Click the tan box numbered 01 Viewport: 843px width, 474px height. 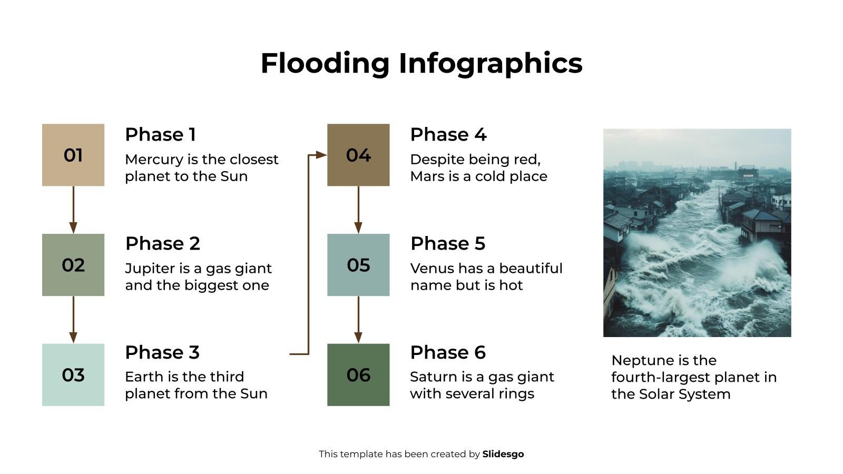[x=73, y=155]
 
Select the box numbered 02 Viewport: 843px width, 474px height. [x=73, y=265]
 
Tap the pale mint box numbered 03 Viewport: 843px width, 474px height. [x=73, y=374]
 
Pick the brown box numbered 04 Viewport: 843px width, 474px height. [x=358, y=155]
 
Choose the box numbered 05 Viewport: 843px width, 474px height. [x=358, y=265]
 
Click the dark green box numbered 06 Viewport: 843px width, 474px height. [x=358, y=374]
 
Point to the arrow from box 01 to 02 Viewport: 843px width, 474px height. [x=73, y=210]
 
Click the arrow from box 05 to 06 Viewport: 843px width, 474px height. [x=358, y=320]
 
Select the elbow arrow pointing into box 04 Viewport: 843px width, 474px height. [x=309, y=253]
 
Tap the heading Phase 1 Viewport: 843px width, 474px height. [x=160, y=135]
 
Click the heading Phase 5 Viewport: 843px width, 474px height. [x=448, y=244]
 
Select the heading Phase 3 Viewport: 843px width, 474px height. [x=162, y=352]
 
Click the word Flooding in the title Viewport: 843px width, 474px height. [x=325, y=63]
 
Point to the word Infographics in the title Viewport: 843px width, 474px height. [x=491, y=63]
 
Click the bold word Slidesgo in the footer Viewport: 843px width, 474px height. [x=503, y=454]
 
